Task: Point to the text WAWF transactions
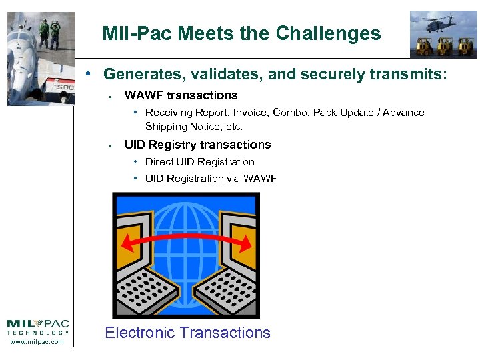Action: click(181, 95)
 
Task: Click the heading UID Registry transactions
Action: click(197, 145)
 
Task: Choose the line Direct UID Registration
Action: click(199, 162)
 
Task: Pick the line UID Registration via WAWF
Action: click(211, 179)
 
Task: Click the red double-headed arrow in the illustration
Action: click(186, 241)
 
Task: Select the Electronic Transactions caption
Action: click(187, 333)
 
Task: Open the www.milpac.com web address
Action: click(38, 342)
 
